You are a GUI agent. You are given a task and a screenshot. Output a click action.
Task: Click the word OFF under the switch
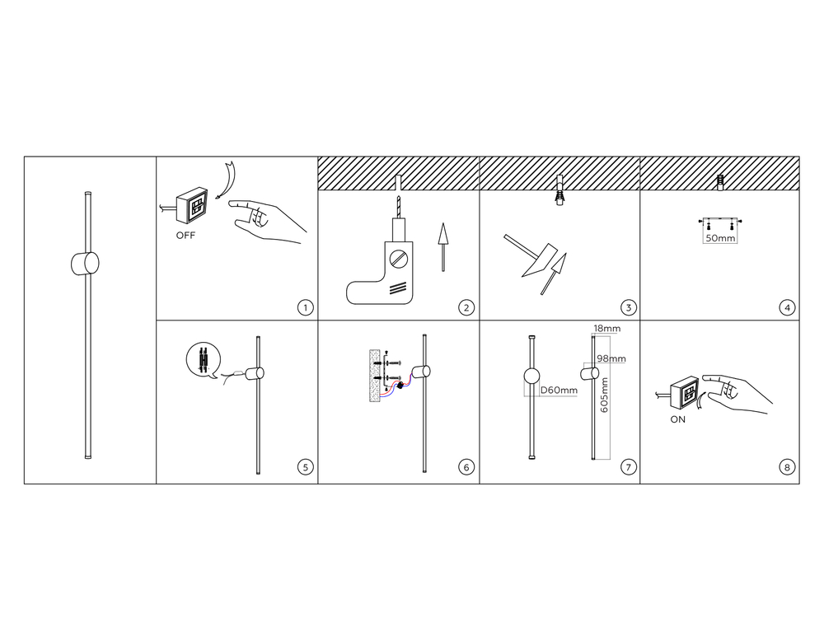point(185,236)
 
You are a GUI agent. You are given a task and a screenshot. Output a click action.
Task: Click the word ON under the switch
point(678,419)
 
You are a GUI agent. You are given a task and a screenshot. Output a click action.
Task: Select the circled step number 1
point(306,307)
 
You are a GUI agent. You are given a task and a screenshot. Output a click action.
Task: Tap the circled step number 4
point(787,307)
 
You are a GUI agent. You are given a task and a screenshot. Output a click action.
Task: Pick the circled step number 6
point(466,466)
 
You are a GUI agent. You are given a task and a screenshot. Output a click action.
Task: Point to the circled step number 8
point(787,466)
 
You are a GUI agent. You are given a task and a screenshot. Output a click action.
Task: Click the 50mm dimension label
point(720,238)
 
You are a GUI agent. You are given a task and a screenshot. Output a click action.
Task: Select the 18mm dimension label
point(607,329)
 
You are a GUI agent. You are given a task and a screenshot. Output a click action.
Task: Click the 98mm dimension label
point(611,359)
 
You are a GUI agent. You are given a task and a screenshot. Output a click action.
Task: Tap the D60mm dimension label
point(559,391)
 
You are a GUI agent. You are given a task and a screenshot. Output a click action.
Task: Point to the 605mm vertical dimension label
point(604,395)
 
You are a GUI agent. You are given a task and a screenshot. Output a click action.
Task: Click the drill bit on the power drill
point(398,208)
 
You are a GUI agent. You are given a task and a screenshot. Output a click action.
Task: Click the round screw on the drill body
point(398,258)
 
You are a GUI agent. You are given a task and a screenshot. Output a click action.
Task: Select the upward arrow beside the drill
point(443,247)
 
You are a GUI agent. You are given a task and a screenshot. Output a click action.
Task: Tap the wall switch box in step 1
point(192,205)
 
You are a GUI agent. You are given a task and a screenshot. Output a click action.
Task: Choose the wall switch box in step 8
point(686,393)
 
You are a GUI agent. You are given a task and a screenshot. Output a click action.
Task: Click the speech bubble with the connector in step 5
point(204,360)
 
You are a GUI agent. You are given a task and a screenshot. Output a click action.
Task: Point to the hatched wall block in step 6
point(375,376)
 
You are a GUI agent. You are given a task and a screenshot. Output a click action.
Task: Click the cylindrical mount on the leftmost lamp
point(85,264)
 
